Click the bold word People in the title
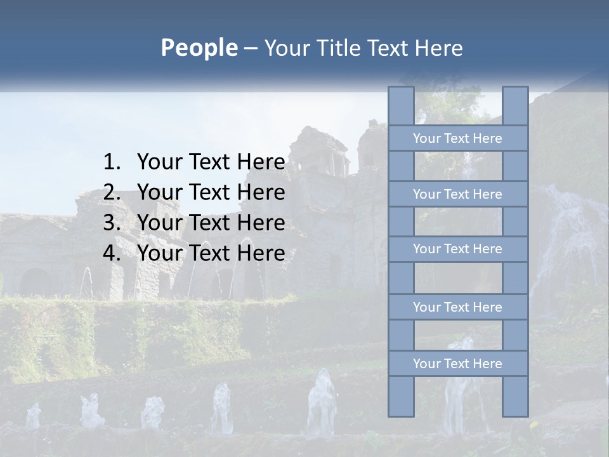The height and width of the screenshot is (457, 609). [x=199, y=48]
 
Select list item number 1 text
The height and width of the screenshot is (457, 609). [x=211, y=162]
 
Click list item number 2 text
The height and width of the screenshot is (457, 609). [x=211, y=192]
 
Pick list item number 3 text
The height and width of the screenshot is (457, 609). [x=211, y=223]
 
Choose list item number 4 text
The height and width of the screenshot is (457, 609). [x=211, y=253]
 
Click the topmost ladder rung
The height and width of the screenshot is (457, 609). [x=457, y=138]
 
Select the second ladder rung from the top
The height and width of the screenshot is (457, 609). [x=457, y=194]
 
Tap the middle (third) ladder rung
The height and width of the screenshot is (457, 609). [x=457, y=249]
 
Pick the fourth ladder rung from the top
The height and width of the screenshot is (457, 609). [x=457, y=307]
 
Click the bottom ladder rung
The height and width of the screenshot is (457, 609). [x=457, y=364]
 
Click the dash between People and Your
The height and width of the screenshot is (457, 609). [x=250, y=49]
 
